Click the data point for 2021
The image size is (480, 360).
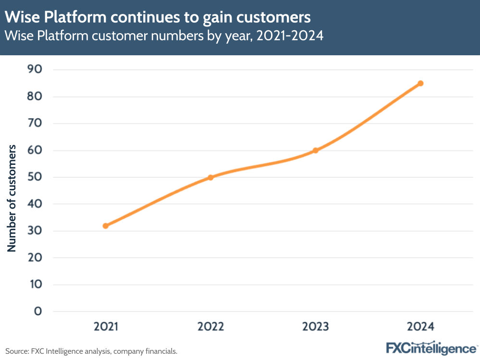[106, 225]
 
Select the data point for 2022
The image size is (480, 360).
[210, 177]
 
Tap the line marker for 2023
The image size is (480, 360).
[315, 150]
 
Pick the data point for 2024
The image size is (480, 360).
[420, 83]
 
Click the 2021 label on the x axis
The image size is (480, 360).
[106, 327]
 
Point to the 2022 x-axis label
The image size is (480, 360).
[210, 327]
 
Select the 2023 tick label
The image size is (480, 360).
[315, 327]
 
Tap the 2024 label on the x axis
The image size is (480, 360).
[420, 327]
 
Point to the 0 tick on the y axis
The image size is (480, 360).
[38, 311]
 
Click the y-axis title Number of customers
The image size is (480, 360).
[12, 198]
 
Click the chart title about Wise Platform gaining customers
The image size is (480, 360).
[158, 18]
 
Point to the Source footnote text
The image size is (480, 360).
[91, 351]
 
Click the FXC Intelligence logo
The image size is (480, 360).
[431, 348]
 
